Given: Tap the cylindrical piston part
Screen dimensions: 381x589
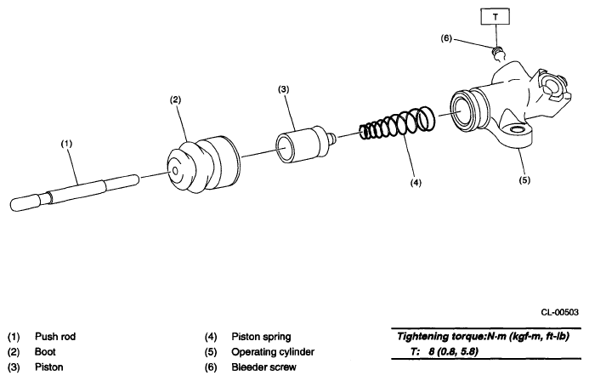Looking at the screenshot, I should click(302, 139).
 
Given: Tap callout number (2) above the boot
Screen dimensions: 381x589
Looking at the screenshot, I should click(175, 100).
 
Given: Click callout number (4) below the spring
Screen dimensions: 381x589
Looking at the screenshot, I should click(414, 181).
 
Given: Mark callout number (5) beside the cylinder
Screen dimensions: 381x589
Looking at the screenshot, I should click(524, 179).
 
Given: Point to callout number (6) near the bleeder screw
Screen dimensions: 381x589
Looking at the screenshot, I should click(447, 38).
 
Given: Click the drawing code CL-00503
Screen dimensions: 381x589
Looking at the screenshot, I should click(558, 313).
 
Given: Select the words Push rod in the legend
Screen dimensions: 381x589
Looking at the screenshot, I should click(55, 337).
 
